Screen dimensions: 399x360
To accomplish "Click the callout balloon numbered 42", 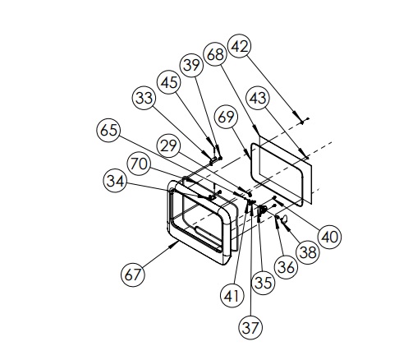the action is coord(240,46).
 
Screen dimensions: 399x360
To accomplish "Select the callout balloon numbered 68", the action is coord(215,54).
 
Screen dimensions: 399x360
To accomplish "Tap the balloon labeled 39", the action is coord(191,65).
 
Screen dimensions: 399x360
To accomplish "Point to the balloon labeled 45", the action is coord(169,82).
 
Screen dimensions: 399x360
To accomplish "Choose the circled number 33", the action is coord(144,98).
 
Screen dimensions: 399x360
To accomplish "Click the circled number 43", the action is coord(258,98).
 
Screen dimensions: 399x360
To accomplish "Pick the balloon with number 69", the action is coord(227,117).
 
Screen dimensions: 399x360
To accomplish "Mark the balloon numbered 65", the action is coord(108,130).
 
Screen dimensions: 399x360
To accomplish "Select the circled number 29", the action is coord(168,145).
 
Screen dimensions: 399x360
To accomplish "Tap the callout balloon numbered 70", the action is coord(139,164).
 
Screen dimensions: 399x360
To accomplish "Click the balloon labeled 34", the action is coord(115,181).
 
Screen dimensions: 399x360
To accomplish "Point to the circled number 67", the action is coord(133,275).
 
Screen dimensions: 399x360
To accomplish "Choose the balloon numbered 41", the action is coord(232,296).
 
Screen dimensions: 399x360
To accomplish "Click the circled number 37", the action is coord(250,327).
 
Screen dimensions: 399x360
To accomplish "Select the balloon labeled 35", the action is coord(263,283).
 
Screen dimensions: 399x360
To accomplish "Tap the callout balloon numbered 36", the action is coord(286,267).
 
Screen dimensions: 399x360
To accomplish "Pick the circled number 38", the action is coord(308,252).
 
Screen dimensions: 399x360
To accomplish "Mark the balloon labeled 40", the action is coord(330,237).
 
